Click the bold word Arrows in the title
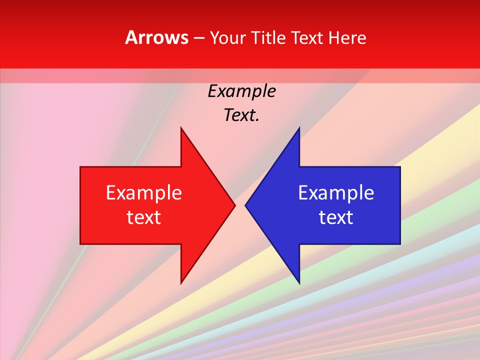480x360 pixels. pyautogui.click(x=157, y=37)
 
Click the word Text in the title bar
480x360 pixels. pyautogui.click(x=307, y=37)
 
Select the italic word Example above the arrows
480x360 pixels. pyautogui.click(x=241, y=91)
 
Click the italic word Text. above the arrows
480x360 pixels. pyautogui.click(x=241, y=115)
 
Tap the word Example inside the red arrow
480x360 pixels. pyautogui.click(x=144, y=193)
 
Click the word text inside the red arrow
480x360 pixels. pyautogui.click(x=144, y=217)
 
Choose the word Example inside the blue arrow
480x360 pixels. pyautogui.click(x=336, y=193)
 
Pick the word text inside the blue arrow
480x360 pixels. pyautogui.click(x=336, y=217)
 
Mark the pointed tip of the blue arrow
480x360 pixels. pyautogui.click(x=245, y=205)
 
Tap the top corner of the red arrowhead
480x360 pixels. pyautogui.click(x=181, y=127)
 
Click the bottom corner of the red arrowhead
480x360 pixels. pyautogui.click(x=181, y=283)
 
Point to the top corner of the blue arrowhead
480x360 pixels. pyautogui.click(x=299, y=127)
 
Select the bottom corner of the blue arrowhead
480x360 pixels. pyautogui.click(x=299, y=283)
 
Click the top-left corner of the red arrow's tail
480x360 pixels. pyautogui.click(x=80, y=167)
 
